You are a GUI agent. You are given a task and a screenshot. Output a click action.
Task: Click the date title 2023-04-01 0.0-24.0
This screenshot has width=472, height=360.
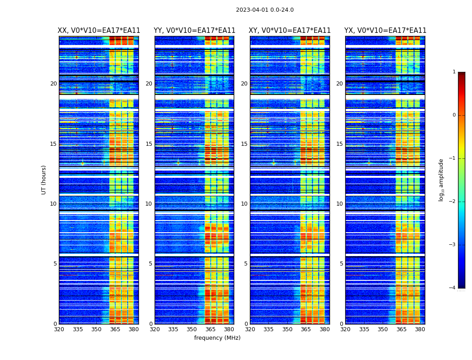[265, 10]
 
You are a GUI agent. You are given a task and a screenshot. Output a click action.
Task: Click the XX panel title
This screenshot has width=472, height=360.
[99, 31]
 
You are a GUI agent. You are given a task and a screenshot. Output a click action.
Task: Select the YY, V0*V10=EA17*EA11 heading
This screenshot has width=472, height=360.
[194, 31]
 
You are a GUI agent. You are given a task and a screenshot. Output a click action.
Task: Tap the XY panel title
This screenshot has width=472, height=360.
[289, 31]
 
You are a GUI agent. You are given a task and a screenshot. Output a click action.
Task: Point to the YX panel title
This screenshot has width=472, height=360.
[385, 31]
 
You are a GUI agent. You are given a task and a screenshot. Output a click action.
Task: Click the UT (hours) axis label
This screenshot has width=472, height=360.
[44, 180]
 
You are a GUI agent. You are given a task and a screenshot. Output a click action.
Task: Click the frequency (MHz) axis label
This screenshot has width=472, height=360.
[217, 338]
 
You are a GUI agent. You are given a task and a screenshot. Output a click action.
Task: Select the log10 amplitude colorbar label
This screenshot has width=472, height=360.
[441, 180]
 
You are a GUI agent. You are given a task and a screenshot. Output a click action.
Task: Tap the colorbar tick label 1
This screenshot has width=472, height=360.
[454, 72]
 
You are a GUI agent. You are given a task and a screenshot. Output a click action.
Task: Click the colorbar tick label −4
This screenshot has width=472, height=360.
[453, 288]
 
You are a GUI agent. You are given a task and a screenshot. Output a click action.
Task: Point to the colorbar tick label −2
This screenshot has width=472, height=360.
[453, 202]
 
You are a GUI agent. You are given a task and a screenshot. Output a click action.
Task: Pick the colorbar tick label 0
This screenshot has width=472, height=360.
[454, 115]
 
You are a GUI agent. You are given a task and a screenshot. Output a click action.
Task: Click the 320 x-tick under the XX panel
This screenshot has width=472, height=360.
[59, 329]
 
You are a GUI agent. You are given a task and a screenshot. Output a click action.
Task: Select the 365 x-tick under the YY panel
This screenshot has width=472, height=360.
[210, 329]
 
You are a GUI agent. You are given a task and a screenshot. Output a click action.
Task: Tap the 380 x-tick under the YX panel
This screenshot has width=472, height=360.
[420, 329]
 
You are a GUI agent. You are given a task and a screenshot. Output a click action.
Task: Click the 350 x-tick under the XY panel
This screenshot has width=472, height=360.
[287, 329]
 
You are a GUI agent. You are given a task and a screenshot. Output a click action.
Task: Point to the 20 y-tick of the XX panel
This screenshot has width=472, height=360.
[53, 84]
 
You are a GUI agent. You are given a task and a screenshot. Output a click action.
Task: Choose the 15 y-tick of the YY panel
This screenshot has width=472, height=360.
[149, 144]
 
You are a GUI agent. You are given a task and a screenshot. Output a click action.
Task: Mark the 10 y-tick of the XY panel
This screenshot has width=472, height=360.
[244, 204]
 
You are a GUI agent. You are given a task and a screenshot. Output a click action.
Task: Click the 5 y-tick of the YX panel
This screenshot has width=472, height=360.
[341, 264]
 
